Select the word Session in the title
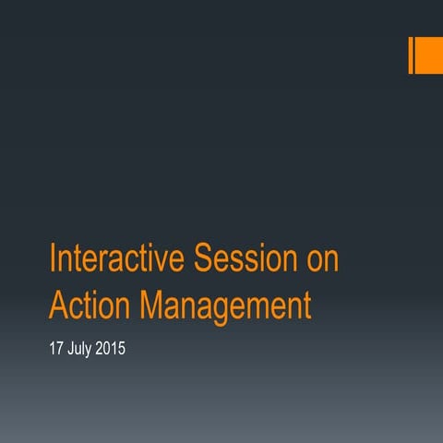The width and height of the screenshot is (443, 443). [x=245, y=259]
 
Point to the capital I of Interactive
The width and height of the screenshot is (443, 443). [x=52, y=258]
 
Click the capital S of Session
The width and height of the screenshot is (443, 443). [x=199, y=258]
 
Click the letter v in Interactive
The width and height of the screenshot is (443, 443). [x=165, y=261]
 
